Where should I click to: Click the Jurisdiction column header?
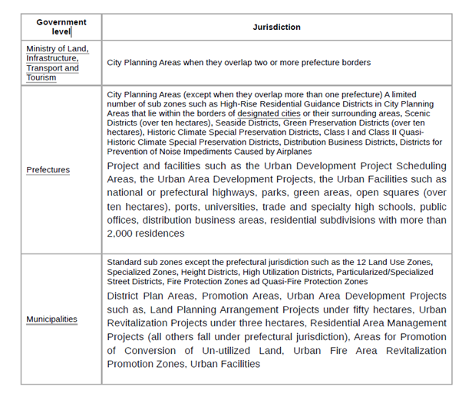276,27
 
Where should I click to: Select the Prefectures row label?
48,169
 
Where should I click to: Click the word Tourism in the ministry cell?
43,78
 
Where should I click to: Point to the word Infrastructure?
52,58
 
